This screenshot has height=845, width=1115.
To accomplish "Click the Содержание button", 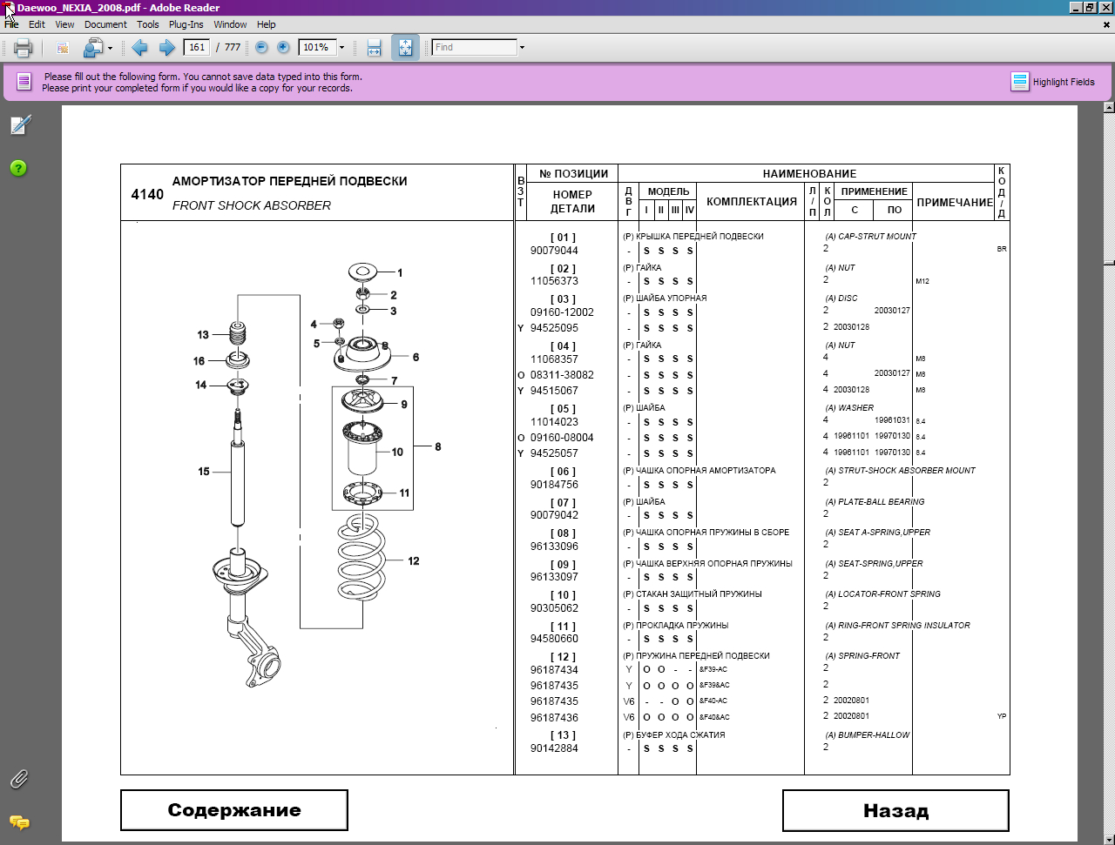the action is tap(234, 810).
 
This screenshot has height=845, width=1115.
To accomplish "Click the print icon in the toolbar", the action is tap(23, 48).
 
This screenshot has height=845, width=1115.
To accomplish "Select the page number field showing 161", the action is tap(197, 47).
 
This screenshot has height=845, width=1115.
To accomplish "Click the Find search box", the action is tap(474, 47).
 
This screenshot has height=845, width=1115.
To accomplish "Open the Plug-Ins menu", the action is tap(186, 24).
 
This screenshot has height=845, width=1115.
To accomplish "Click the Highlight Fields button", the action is tap(1052, 82).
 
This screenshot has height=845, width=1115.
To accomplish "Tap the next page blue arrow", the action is tap(166, 48).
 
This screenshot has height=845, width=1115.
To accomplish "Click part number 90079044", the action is tap(554, 251).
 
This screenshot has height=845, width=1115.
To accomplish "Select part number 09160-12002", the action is tap(562, 312).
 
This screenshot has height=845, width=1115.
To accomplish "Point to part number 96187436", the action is tap(554, 717).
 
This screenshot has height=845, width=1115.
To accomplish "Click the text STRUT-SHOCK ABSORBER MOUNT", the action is tap(906, 471).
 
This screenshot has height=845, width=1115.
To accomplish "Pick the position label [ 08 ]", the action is tap(563, 533).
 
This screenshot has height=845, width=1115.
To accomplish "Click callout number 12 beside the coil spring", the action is tap(414, 560).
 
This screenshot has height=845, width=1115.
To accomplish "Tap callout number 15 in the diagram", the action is tap(204, 472).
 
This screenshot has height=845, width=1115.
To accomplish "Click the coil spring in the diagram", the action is tap(362, 557).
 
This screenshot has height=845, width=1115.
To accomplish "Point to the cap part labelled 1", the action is tap(362, 272).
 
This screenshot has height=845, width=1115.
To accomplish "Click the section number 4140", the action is tap(147, 194).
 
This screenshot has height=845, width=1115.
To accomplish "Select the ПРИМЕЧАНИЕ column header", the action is tap(955, 203).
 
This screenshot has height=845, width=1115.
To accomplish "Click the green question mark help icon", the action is tap(19, 169).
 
